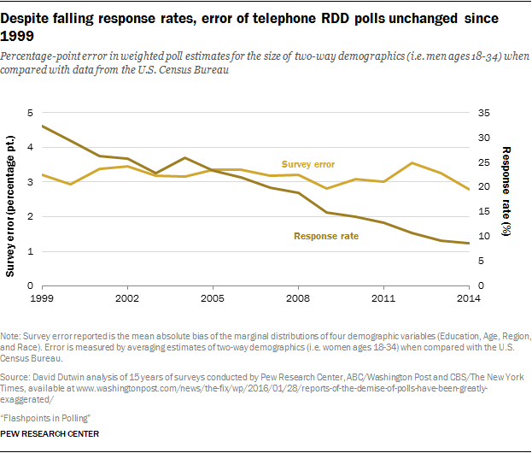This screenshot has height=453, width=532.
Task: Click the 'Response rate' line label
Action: [326, 236]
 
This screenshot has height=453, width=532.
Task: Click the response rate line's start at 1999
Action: [43, 126]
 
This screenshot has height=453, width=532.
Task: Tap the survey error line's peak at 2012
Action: [412, 162]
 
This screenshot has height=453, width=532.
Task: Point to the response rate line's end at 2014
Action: [468, 244]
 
